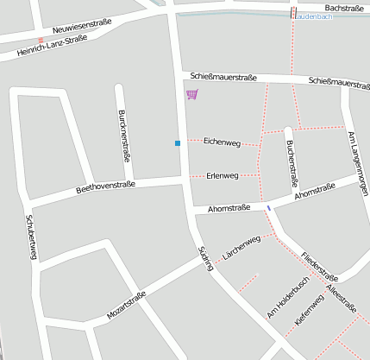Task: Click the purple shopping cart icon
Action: [191, 94]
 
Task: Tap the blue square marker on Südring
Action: [178, 142]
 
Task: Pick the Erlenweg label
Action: [223, 175]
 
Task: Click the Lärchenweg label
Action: [241, 246]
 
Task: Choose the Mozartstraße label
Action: [126, 306]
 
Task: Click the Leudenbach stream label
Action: [316, 16]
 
